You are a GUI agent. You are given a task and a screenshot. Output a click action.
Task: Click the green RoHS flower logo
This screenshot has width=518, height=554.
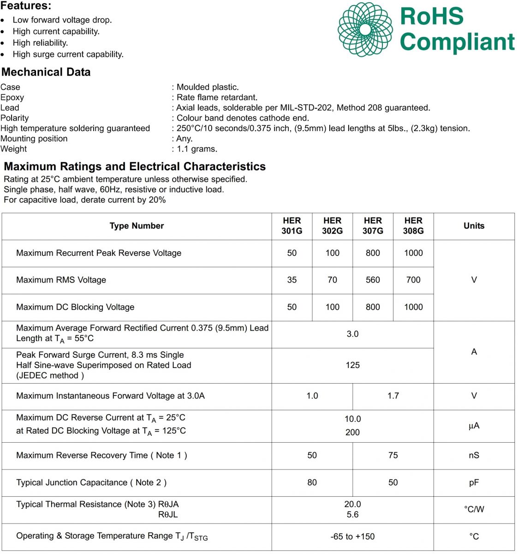365,30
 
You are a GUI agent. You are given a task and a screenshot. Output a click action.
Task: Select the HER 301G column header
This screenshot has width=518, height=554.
292,226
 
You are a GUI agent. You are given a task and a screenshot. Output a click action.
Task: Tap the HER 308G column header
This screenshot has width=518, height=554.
413,226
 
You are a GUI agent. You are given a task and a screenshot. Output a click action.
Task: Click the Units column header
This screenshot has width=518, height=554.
474,226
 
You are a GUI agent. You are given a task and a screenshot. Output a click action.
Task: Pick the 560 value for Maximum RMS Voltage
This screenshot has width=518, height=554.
373,280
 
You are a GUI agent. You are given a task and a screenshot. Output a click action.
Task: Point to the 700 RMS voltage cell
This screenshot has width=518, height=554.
413,280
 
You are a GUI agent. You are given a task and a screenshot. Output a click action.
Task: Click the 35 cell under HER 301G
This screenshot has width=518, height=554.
292,280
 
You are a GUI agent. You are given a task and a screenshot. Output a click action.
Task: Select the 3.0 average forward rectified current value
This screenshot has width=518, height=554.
352,334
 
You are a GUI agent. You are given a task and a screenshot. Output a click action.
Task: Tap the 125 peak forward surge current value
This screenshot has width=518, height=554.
352,365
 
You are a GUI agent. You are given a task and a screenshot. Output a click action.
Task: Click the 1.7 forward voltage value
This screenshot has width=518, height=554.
393,396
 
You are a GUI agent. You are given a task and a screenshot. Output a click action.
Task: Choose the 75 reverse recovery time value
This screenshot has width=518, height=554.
393,455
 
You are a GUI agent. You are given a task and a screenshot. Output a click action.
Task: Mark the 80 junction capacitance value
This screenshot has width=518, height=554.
312,482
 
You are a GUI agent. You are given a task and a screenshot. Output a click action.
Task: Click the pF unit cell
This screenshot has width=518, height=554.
474,482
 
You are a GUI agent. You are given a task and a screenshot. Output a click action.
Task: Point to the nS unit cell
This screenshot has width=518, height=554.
474,455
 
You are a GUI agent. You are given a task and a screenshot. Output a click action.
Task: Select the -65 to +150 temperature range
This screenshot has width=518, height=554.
352,536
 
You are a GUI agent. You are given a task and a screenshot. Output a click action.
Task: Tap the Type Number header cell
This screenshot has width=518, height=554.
137,226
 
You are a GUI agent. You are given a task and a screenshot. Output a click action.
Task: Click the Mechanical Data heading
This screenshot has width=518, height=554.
46,72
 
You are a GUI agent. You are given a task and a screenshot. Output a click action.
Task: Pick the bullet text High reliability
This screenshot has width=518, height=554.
40,43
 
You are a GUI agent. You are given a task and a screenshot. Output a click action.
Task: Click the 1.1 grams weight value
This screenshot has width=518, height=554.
197,149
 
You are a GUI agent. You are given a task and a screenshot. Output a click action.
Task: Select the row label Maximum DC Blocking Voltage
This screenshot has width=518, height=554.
75,307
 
